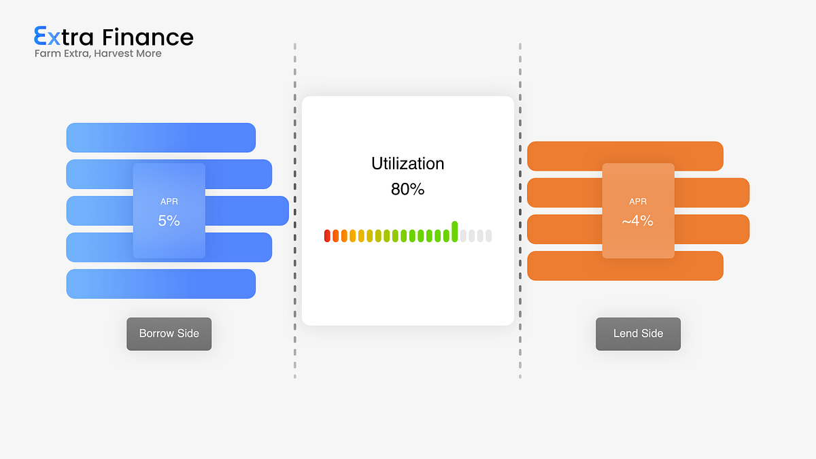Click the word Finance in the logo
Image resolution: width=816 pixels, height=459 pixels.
148,37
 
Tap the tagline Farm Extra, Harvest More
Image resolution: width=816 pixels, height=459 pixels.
98,54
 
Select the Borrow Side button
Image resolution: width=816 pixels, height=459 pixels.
169,334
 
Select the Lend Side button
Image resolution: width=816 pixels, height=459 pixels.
639,334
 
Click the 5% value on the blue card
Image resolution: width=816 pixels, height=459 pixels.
169,221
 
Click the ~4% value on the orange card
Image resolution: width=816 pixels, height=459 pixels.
638,221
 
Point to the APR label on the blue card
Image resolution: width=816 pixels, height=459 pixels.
169,201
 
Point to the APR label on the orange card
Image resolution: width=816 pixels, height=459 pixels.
638,201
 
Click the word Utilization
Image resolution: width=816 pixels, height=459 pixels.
407,164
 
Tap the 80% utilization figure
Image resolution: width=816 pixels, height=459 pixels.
407,189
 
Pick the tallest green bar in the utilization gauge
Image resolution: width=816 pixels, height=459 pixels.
455,232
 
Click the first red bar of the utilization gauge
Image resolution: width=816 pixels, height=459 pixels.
327,236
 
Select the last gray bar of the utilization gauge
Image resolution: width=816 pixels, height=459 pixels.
489,236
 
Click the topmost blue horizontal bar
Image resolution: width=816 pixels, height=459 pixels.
161,137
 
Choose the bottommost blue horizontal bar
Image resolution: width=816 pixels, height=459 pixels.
161,284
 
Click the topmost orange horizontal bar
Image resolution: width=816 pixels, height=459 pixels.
625,156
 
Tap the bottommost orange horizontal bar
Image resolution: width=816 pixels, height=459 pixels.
625,266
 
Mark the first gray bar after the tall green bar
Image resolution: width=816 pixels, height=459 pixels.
463,236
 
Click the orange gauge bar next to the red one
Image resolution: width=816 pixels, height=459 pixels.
335,236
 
